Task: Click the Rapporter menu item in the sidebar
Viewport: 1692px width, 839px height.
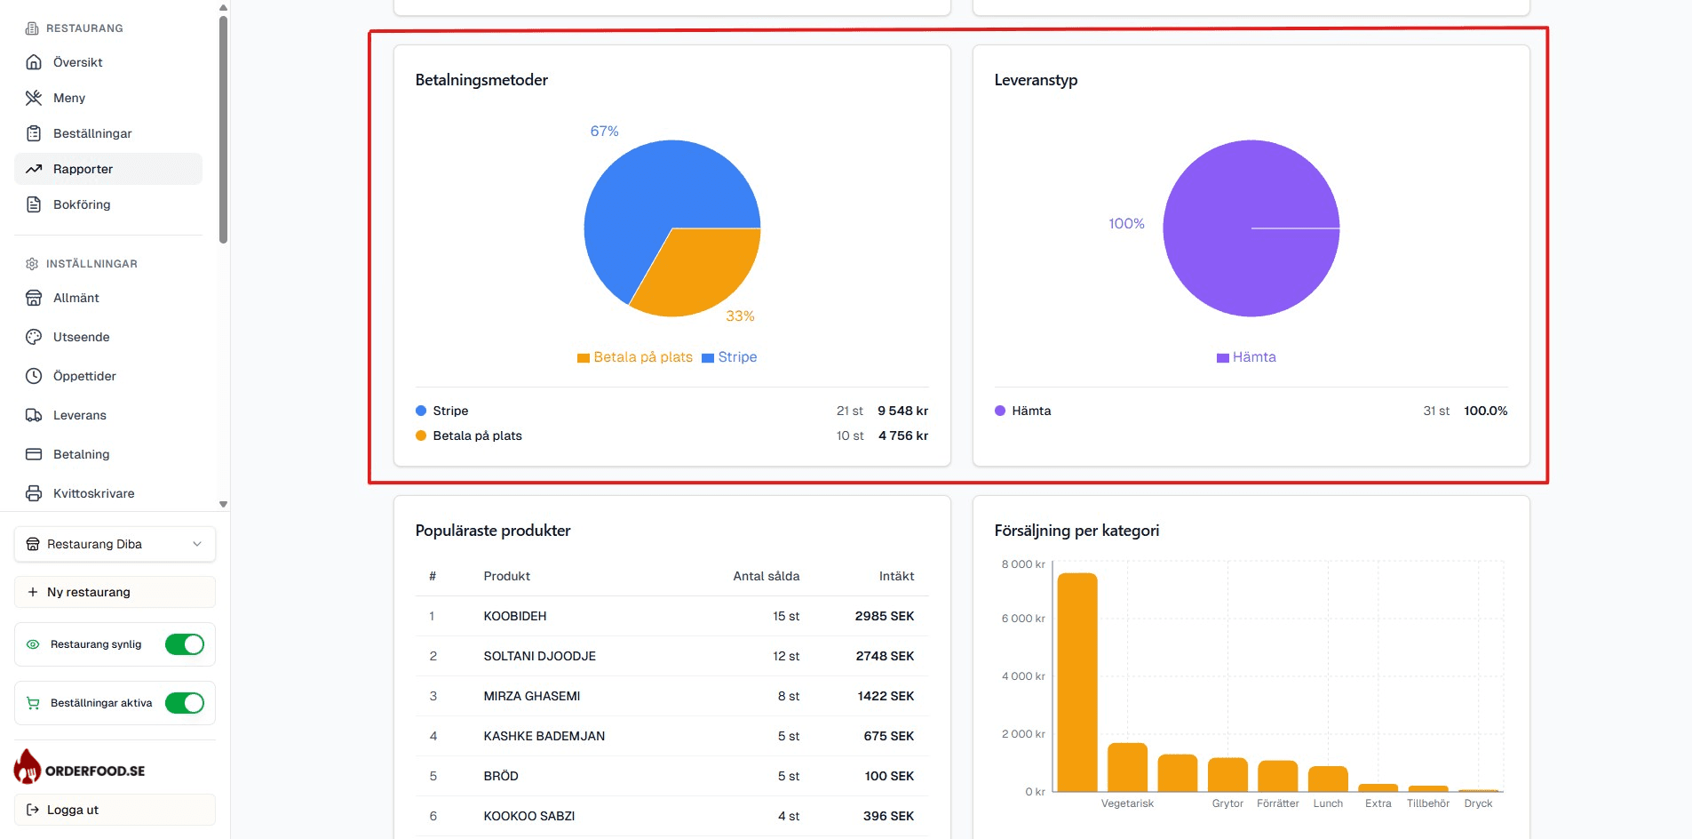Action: click(83, 169)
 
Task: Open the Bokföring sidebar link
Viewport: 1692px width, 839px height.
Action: click(82, 204)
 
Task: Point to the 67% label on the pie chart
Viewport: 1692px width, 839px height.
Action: click(604, 132)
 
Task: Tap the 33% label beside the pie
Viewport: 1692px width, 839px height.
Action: click(740, 316)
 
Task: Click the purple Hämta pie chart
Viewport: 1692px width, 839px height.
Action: click(1251, 228)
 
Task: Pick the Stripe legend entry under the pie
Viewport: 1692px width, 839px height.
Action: click(729, 357)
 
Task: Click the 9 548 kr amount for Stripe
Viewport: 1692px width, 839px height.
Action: click(902, 411)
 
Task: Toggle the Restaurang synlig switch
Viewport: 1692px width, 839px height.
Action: click(185, 644)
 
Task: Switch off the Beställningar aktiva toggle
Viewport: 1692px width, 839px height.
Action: click(185, 703)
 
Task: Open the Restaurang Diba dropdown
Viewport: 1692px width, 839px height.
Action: click(115, 544)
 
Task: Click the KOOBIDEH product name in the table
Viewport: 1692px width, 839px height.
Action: click(515, 616)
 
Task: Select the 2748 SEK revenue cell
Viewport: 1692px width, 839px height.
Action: click(885, 656)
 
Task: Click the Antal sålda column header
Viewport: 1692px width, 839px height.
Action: click(766, 576)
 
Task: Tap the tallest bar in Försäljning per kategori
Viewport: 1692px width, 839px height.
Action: click(1077, 682)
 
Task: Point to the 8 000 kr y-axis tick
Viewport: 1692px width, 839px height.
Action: click(1023, 564)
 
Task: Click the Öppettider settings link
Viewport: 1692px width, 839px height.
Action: click(84, 376)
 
